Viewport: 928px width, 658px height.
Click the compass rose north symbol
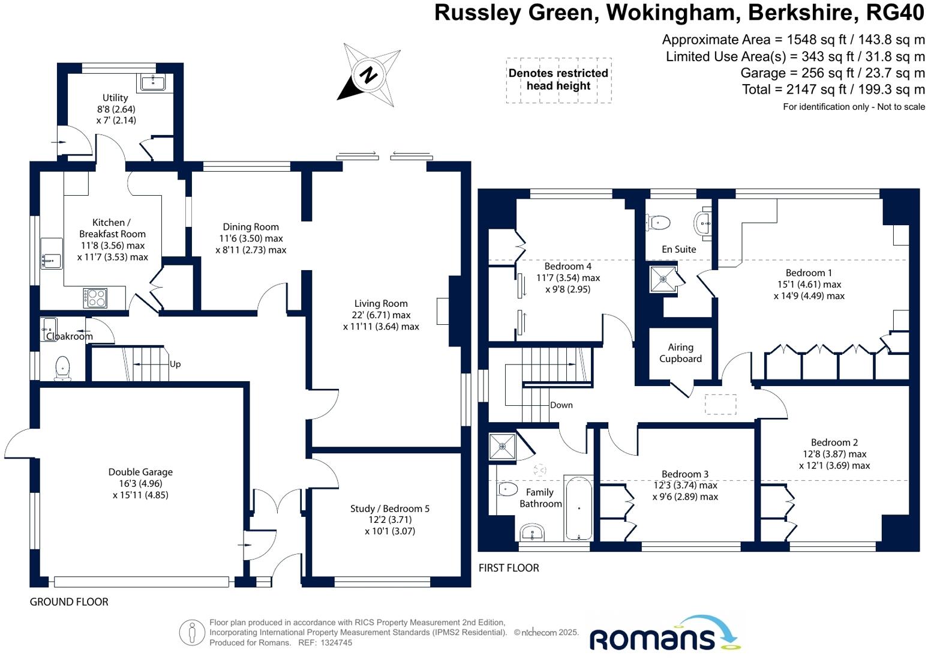click(x=368, y=76)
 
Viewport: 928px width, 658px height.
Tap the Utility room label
click(x=115, y=97)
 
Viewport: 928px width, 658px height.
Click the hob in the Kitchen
click(x=95, y=298)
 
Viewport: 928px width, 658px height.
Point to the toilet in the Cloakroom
click(x=62, y=367)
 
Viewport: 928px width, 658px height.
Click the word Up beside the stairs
click(x=175, y=364)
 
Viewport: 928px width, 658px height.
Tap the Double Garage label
click(x=140, y=472)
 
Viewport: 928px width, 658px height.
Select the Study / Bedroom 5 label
click(x=390, y=509)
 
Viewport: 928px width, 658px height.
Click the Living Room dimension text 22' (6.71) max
click(x=381, y=315)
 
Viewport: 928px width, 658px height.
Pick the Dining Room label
click(x=251, y=227)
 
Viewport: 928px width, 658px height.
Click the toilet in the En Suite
click(x=659, y=223)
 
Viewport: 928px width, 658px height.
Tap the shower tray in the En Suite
click(x=663, y=279)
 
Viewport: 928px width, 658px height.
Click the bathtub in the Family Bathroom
click(x=578, y=508)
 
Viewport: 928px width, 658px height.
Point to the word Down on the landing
click(x=561, y=405)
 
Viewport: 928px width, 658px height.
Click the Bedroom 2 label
click(x=834, y=442)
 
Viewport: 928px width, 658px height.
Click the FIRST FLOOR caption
click(x=509, y=567)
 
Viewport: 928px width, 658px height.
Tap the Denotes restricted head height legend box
click(x=558, y=80)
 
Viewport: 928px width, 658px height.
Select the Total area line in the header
click(x=833, y=89)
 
